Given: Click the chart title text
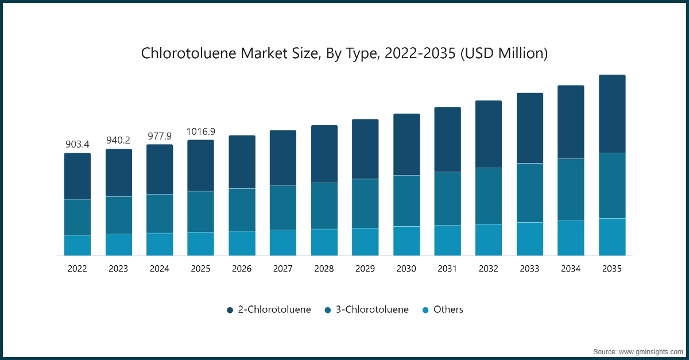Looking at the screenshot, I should pos(344,53).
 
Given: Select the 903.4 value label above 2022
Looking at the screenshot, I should pos(77,144).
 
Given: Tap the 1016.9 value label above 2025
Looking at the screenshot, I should pos(200,131).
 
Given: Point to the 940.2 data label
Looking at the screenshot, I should pos(118,140).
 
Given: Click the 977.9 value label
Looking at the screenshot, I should pos(160,136).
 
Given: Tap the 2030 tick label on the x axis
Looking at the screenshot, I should pos(407,268).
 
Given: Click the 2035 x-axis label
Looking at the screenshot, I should pos(612,268).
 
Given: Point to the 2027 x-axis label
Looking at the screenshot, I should pos(283,268).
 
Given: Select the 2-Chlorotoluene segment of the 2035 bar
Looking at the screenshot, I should pos(612,114).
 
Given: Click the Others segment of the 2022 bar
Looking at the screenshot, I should pos(77,245).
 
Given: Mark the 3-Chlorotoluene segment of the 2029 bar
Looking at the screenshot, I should pos(365,203).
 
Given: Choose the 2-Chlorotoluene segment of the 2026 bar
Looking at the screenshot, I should pos(242,162).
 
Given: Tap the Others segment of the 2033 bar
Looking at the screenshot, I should pos(530,239).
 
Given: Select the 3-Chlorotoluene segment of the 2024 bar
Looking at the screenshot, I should pos(160,214).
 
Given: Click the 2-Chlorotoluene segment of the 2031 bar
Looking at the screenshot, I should pos(447,140).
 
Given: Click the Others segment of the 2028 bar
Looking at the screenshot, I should pos(324,242).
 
